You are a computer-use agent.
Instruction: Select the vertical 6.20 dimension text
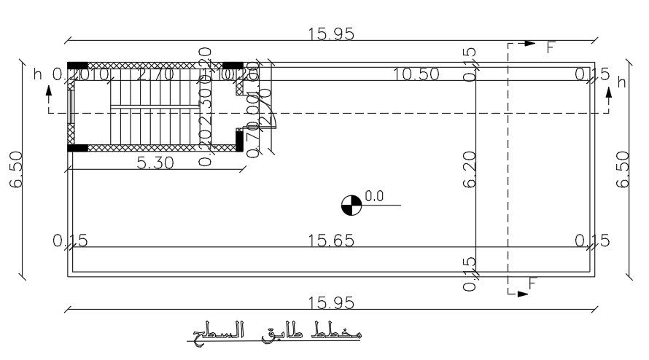click(x=469, y=170)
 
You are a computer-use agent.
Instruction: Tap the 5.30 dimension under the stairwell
click(x=155, y=164)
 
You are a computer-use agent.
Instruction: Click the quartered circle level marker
click(x=351, y=205)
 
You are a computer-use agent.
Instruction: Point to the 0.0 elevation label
click(x=374, y=195)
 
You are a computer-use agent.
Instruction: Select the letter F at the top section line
click(x=551, y=47)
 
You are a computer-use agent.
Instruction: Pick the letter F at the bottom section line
click(x=532, y=285)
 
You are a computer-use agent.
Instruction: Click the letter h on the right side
click(x=621, y=82)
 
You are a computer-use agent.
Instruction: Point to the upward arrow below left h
click(x=49, y=93)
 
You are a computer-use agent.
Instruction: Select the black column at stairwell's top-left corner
click(x=77, y=66)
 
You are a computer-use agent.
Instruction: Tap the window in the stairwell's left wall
click(x=70, y=109)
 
